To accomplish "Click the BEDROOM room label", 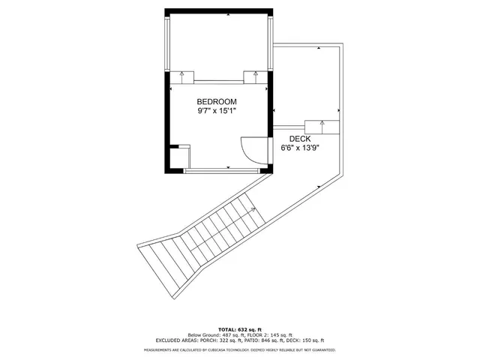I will point(217,101).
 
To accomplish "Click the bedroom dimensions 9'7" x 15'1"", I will point(217,111).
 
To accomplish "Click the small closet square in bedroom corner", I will point(178,157).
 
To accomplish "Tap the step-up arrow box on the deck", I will point(322,126).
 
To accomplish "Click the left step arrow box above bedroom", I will point(183,76).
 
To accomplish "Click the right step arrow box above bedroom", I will point(256,76).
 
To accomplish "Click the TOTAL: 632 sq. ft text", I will point(239,329).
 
